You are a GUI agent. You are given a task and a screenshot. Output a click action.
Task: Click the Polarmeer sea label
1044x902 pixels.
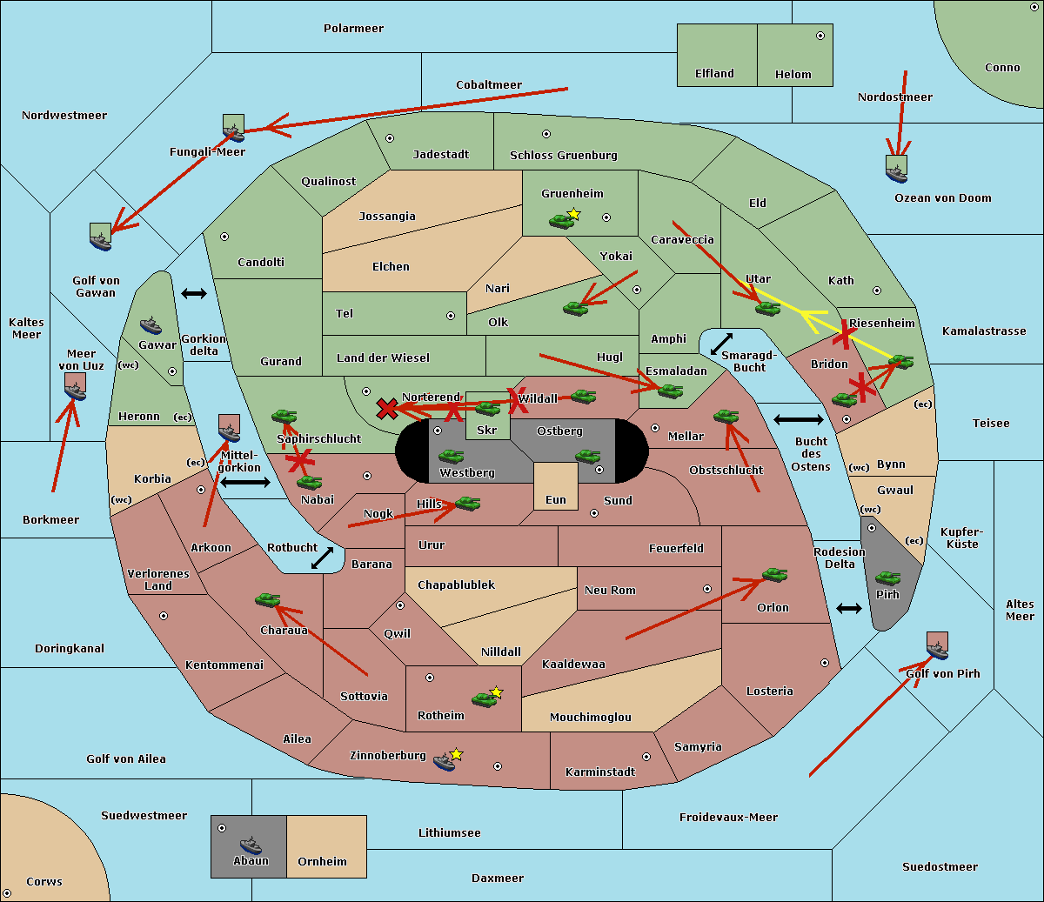pos(353,29)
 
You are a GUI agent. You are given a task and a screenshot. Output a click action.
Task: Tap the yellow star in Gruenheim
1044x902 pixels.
pos(573,213)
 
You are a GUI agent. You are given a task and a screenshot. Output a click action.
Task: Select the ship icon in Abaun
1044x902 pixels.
pos(251,845)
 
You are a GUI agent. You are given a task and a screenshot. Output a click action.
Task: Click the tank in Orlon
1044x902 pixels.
pos(774,575)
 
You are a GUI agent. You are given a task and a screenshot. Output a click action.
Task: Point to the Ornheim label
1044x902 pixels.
pos(322,861)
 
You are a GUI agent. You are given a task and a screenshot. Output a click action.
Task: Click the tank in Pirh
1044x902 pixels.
pos(887,578)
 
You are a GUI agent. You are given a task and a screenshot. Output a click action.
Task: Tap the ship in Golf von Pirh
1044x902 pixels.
pos(937,646)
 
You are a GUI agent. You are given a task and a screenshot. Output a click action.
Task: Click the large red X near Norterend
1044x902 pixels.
pos(387,408)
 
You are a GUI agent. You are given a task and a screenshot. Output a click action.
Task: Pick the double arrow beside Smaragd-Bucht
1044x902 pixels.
pos(721,344)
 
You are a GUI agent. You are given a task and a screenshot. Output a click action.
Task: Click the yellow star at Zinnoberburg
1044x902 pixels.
pos(457,753)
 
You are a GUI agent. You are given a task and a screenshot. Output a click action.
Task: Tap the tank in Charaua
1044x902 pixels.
pos(267,599)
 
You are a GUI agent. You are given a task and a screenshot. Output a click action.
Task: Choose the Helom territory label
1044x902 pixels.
pos(793,75)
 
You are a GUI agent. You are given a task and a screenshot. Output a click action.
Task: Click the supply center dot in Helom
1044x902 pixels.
pos(820,36)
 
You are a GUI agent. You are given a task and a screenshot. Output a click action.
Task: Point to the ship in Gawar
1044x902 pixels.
pos(151,326)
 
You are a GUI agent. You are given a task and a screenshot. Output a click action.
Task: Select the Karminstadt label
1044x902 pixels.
pos(599,772)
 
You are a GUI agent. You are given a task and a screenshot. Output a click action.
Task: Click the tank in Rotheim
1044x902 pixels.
pos(484,698)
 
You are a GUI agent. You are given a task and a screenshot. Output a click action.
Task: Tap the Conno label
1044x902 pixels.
pos(1002,67)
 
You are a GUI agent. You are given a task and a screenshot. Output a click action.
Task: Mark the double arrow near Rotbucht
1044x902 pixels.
pos(322,558)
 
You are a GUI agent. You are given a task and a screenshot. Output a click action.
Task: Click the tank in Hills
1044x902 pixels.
pos(467,503)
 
